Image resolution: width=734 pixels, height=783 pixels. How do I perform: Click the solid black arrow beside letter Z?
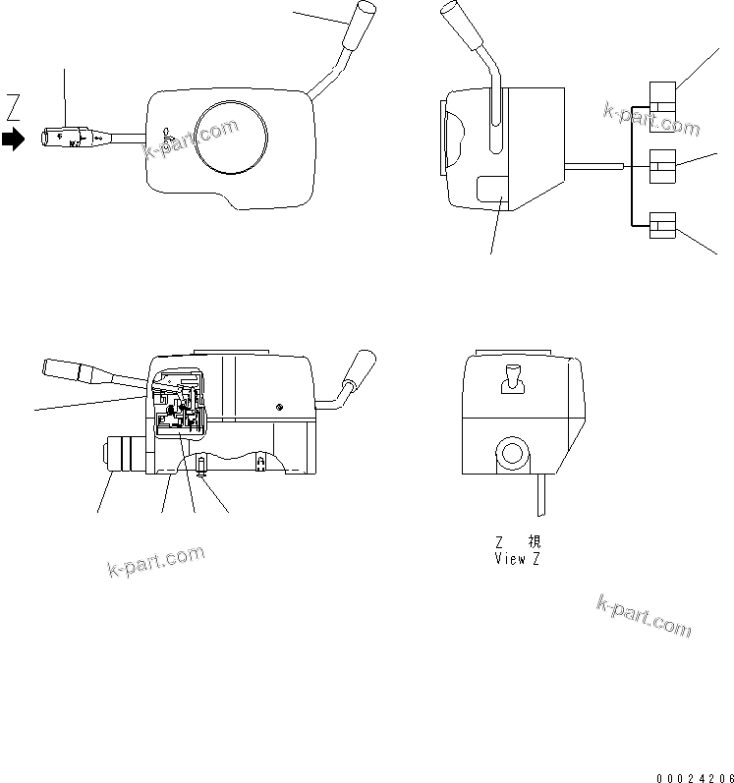point(13,140)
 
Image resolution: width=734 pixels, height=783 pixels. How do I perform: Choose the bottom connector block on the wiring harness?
point(662,227)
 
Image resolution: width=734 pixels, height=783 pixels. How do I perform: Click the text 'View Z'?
point(517,559)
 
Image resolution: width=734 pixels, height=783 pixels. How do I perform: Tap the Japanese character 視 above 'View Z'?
point(533,541)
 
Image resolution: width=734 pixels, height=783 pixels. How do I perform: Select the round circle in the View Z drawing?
point(510,454)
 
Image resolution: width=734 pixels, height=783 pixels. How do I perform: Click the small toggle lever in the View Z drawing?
point(510,377)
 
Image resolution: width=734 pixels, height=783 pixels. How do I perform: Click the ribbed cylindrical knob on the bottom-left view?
point(124,457)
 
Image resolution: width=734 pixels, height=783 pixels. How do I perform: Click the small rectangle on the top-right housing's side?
point(491,189)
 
